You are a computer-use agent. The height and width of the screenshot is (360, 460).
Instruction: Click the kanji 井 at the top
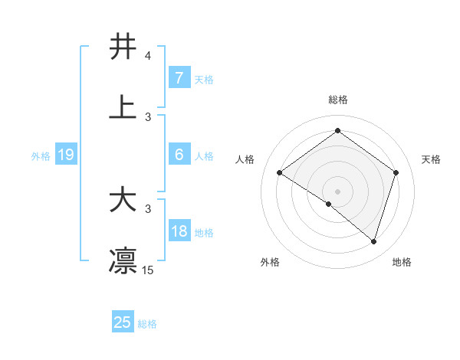pos(123,47)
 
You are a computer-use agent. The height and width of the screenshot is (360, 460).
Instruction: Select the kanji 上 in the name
pos(123,107)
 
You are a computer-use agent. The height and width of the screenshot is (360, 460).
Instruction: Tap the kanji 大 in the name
pos(123,201)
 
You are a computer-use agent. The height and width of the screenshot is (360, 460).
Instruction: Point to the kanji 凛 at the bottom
pos(123,260)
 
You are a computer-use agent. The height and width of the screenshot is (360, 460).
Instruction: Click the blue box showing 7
pos(179,78)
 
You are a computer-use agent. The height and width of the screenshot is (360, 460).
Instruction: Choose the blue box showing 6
pos(179,155)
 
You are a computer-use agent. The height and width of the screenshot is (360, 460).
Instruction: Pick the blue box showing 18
pos(179,231)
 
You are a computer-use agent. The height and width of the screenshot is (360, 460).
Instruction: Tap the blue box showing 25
pos(123,322)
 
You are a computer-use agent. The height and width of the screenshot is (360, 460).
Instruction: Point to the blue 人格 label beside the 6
pos(204,156)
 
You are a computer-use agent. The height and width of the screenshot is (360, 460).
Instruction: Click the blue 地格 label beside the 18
pos(204,233)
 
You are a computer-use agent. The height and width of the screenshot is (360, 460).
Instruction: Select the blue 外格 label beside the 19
pos(41,156)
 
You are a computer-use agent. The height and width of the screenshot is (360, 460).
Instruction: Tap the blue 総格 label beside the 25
pos(147,324)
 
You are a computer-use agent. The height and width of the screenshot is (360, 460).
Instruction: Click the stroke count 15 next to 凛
pos(148,270)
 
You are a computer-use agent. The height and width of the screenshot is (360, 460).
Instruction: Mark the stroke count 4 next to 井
pos(148,57)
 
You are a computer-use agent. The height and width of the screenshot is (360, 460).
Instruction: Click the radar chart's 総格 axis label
pos(338,100)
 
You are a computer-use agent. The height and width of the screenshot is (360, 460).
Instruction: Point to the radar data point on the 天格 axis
pos(396,173)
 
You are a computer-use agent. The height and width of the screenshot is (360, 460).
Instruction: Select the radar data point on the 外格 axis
pos(329,205)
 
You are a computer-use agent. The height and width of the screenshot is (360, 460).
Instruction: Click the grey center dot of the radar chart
pos(338,191)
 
